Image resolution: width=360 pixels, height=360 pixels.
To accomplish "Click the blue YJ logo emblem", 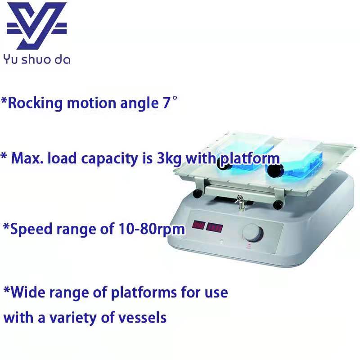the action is click(x=37, y=26).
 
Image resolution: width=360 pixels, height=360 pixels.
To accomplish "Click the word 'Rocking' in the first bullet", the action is click(x=35, y=103).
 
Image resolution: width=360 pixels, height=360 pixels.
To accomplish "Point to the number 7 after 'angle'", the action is click(x=166, y=103).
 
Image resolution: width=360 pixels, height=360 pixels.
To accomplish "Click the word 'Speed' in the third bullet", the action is click(x=31, y=229).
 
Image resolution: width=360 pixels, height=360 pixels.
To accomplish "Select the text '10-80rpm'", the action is click(x=152, y=229).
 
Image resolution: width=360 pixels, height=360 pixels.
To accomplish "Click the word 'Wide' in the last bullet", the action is click(x=28, y=292).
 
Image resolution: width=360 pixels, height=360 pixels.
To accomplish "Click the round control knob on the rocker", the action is click(x=252, y=233).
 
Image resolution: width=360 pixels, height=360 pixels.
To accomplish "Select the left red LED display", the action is click(x=198, y=225).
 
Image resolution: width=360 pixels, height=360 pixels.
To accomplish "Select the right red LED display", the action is click(x=214, y=228).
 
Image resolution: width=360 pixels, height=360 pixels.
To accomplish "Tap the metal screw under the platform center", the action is click(x=240, y=202).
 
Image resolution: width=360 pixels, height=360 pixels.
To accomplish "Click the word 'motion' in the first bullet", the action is click(x=91, y=103).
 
